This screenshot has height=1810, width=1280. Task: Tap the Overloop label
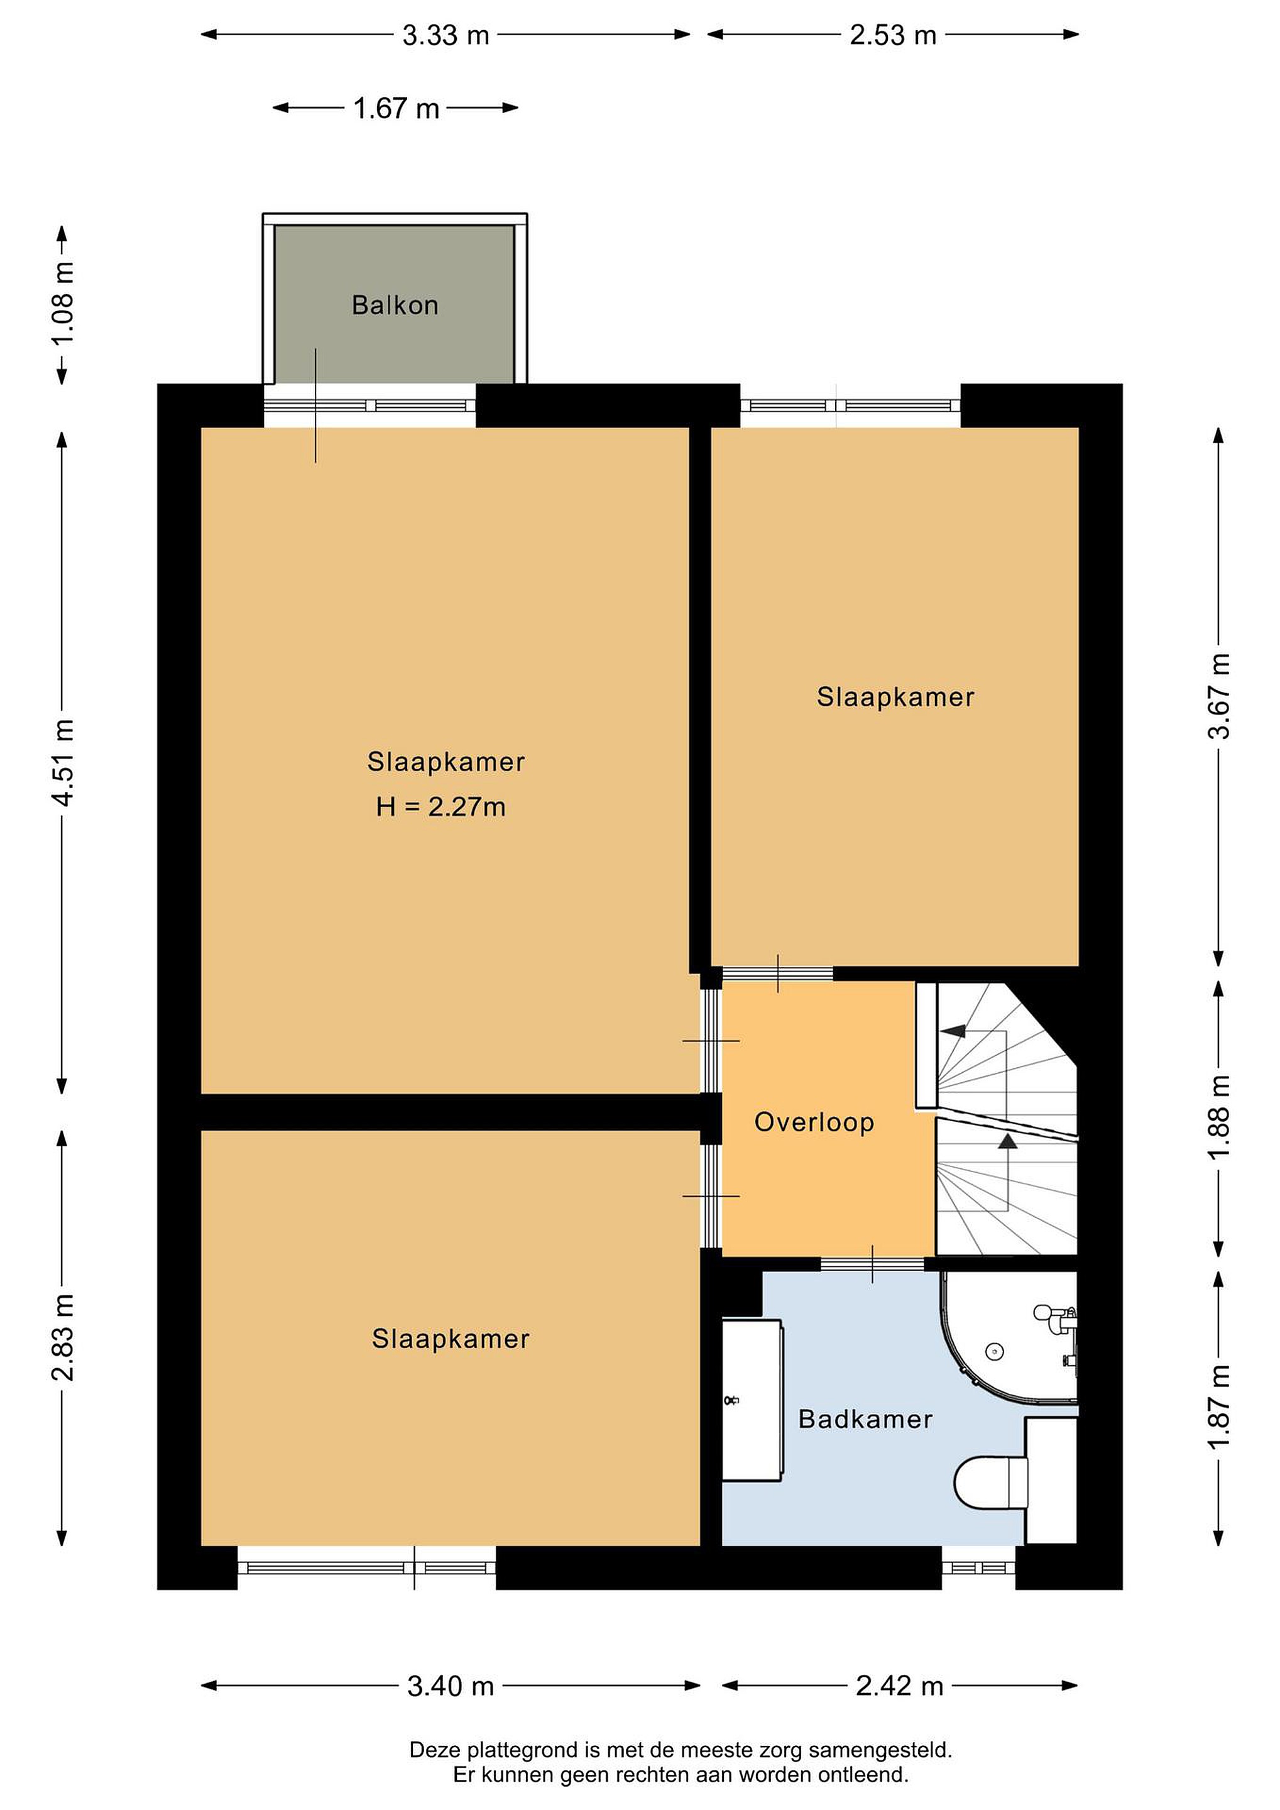coord(814,1122)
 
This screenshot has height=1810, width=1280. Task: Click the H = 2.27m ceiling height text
coord(440,806)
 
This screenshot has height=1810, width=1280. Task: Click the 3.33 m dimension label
coord(446,35)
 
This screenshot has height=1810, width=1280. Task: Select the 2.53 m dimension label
coord(893,35)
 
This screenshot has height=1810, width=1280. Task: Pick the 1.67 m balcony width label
coord(396,108)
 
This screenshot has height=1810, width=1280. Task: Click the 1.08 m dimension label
coord(63,304)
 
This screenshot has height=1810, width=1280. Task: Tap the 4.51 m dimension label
coord(63,762)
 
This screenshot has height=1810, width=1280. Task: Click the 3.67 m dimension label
coord(1218,696)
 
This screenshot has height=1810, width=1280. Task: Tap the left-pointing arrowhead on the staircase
coord(952,1030)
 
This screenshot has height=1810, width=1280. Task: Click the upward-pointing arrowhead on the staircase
coord(1007,1141)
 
